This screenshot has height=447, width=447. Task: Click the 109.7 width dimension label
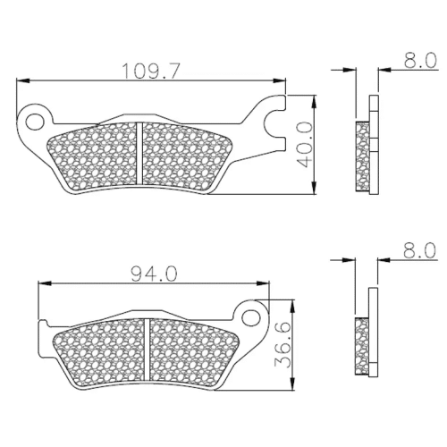click(151, 71)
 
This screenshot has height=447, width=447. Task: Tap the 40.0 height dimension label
click(305, 145)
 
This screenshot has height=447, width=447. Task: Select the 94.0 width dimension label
click(155, 274)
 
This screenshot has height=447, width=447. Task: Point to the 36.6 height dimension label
click(282, 346)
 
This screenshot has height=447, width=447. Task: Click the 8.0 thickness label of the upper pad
click(420, 60)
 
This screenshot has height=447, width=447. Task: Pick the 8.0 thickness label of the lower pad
click(419, 250)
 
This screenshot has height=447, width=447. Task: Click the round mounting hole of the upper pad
click(34, 122)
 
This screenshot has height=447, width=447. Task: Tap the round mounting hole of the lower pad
click(250, 318)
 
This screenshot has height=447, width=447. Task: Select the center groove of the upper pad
click(139, 154)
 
